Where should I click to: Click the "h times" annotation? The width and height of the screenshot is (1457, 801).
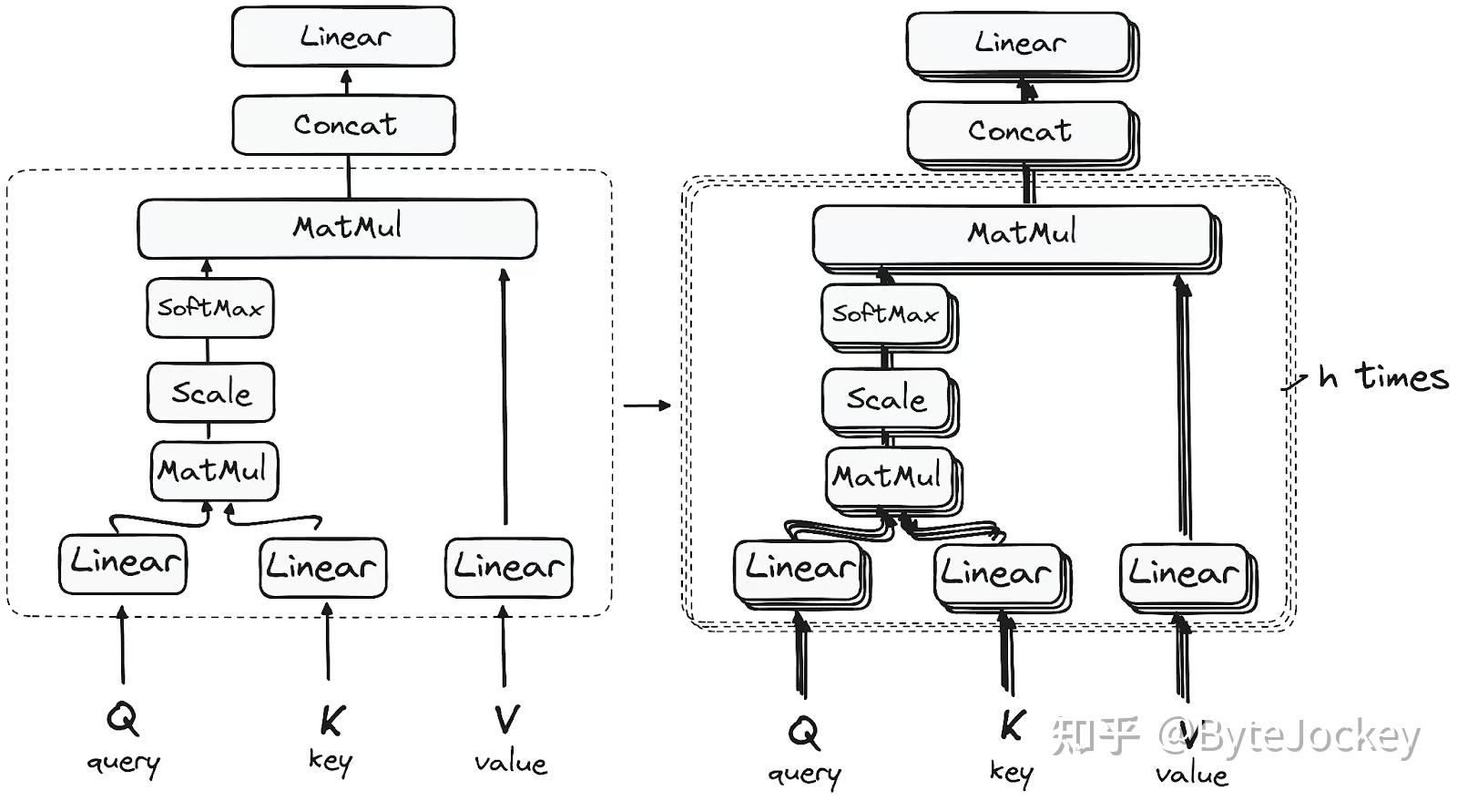point(1383,376)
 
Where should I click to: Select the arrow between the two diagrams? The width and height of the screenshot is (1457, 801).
point(647,405)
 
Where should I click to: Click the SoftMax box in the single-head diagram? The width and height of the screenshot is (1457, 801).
point(209,308)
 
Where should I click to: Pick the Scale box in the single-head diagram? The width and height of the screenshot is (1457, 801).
point(211,393)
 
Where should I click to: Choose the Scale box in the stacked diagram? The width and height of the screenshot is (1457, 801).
point(886,399)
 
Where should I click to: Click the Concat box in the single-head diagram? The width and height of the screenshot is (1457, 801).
point(344,125)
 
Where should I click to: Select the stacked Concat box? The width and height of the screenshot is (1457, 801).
point(1020,131)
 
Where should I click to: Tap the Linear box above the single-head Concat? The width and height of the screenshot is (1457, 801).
point(343,37)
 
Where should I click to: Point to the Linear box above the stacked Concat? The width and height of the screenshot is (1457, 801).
point(1020,43)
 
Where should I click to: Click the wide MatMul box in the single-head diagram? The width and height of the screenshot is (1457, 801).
point(337,228)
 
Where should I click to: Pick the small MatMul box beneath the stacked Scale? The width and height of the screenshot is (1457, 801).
point(889,477)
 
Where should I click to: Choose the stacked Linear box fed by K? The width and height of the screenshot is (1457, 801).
point(998,574)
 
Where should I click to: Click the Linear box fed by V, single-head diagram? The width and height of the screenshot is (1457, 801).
point(509,568)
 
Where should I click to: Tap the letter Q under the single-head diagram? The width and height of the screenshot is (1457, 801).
point(122,718)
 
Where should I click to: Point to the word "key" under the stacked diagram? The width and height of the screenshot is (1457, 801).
point(1011,773)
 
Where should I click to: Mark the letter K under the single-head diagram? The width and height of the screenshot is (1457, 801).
point(330,721)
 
